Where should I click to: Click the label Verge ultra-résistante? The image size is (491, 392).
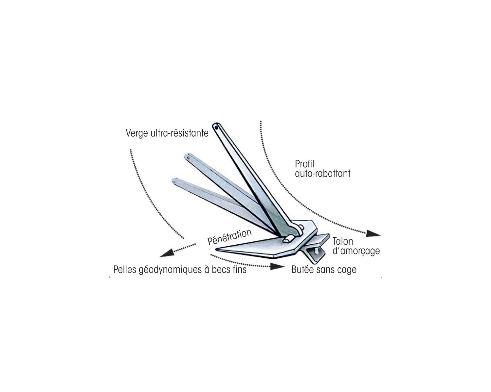point(167,133)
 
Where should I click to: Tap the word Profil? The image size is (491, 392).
point(305,164)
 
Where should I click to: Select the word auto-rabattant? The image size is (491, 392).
point(323,173)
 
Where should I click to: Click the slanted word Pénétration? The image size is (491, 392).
point(229,237)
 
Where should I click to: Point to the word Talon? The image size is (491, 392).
point(343,241)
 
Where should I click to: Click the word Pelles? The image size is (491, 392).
point(125,270)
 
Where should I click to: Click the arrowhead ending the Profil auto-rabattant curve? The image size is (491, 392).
point(373,234)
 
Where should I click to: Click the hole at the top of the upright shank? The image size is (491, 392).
point(216,127)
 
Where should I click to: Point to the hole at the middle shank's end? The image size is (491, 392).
point(189,158)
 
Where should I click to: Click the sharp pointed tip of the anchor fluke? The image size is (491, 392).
point(216,250)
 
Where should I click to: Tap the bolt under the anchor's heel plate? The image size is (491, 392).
point(317,251)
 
